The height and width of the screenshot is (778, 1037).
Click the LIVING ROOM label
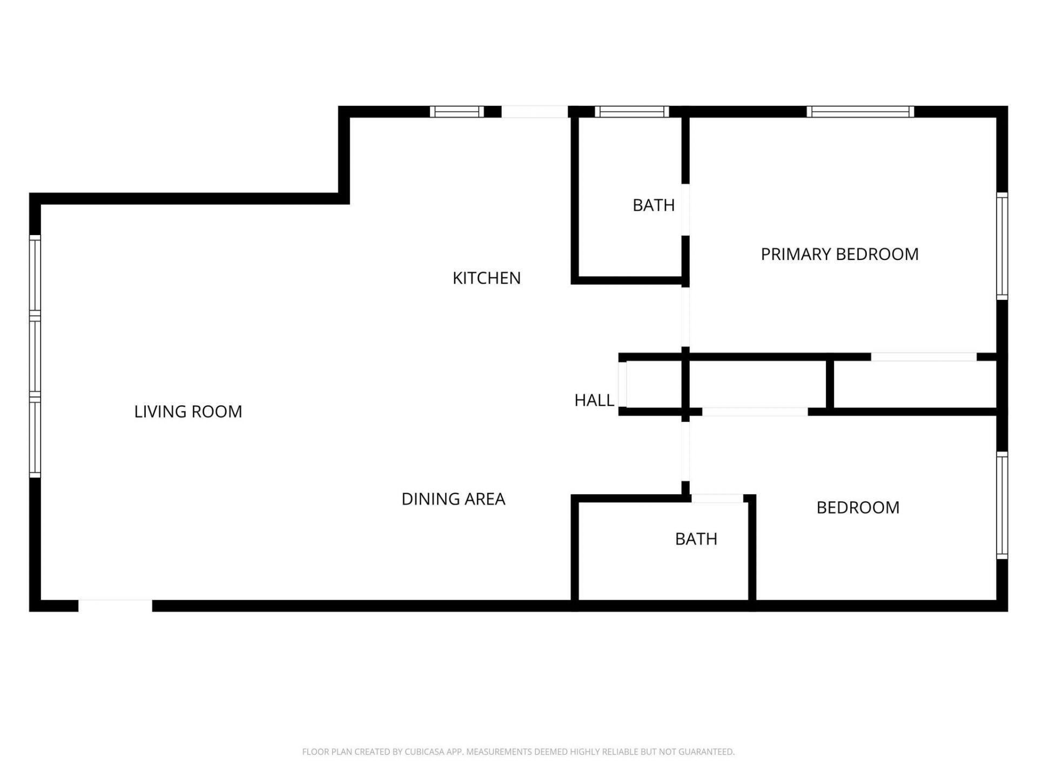(188, 412)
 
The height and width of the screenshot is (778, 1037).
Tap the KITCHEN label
(486, 278)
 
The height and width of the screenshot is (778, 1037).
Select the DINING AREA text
(453, 499)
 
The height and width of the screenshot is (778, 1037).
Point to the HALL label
(594, 400)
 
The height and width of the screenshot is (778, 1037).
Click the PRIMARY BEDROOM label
(839, 254)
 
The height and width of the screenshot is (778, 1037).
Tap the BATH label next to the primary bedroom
(654, 205)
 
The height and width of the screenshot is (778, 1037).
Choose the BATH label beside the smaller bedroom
(696, 539)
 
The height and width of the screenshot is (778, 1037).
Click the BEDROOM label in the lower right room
(858, 508)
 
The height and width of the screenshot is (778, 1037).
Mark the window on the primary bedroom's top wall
(860, 112)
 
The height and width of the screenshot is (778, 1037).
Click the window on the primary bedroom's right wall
(1002, 246)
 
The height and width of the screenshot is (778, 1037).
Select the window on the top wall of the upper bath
(632, 112)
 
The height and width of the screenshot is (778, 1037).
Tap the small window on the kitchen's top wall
(457, 112)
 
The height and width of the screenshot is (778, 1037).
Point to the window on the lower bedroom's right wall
(1002, 506)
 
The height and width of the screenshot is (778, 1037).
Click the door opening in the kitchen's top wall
(534, 112)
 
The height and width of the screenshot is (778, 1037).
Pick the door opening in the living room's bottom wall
(115, 606)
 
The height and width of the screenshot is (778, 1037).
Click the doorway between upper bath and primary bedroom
(685, 210)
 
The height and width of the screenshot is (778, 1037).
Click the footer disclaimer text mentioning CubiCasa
(518, 752)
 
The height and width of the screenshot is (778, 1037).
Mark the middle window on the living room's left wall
(35, 357)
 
